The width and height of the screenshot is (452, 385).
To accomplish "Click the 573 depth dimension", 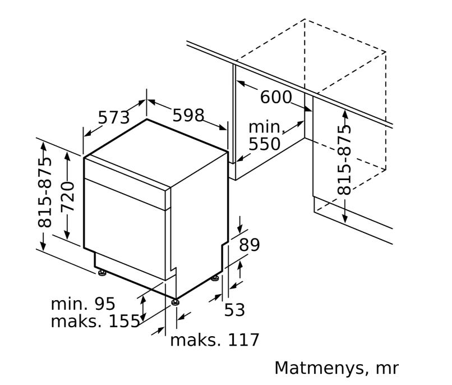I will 114,117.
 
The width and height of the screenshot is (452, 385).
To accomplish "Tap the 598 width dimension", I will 187,115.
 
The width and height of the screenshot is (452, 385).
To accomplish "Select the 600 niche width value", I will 276,97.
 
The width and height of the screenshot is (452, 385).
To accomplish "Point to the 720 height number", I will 67,196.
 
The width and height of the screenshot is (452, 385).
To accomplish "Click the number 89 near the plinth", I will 250,245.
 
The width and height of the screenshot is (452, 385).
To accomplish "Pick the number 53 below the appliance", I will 234,309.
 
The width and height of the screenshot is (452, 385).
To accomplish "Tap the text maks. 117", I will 215,340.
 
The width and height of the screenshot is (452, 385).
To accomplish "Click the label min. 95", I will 83,304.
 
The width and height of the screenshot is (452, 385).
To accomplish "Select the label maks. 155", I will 95,322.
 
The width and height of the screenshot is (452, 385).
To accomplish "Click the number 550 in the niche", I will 264,144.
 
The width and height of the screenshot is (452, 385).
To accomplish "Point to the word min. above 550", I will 267,127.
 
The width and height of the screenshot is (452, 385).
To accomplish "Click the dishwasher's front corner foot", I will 177,302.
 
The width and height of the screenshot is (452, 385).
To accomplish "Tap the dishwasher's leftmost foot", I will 102,273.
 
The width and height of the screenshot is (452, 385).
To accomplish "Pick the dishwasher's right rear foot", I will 215,278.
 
